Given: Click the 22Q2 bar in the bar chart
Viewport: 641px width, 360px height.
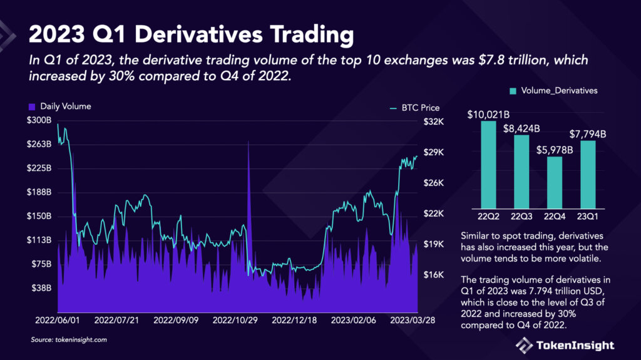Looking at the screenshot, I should (x=488, y=164).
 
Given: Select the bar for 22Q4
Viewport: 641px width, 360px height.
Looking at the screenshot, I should (x=554, y=182).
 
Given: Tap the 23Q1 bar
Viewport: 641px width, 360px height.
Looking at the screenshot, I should (x=587, y=174).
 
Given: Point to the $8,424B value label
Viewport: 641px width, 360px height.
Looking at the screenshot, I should (x=521, y=128).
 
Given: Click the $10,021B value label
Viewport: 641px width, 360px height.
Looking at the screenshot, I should (x=488, y=115).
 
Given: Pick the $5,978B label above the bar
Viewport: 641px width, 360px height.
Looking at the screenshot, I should (x=555, y=150).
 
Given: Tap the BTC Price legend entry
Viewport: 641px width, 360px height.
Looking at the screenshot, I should (x=415, y=108).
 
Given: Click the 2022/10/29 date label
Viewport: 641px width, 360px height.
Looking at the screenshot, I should (x=235, y=319).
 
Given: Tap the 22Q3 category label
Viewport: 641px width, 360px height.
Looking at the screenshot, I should (x=521, y=216).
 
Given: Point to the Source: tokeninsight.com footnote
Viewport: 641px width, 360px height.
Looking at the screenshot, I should (x=69, y=340).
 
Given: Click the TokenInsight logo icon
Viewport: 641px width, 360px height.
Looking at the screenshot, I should (x=524, y=345).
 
